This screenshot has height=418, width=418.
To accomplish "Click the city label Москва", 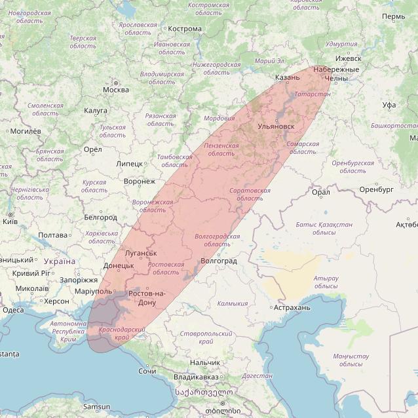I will [116, 90].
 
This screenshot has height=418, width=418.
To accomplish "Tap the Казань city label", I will [287, 77].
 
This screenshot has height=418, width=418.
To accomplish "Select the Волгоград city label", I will [218, 261].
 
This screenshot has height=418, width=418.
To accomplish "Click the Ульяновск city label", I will [276, 126].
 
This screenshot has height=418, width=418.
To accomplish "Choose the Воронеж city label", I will [140, 181].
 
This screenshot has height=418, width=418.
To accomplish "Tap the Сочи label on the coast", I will [147, 371].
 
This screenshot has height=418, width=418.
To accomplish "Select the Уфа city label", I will [389, 105].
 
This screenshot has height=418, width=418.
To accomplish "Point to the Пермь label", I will [393, 16].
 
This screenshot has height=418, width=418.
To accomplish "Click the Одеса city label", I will [13, 310].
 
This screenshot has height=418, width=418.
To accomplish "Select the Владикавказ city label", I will [196, 377].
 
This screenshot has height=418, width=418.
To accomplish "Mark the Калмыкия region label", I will [233, 303].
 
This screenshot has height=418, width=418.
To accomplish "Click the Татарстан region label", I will [313, 94].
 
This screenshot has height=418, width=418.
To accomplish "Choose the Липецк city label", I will [129, 163].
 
